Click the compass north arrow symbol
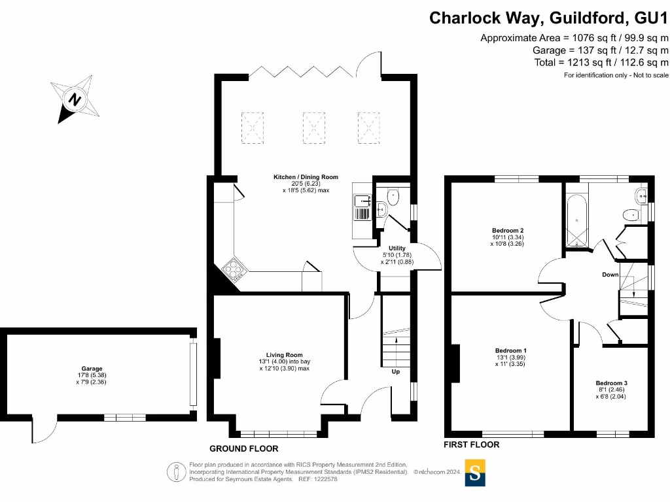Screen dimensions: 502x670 75,100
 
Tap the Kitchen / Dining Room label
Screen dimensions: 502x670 306,177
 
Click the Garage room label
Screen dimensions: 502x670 92,369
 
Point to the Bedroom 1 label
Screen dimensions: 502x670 510,351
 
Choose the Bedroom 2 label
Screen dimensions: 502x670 508,231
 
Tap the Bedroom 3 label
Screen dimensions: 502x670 611,383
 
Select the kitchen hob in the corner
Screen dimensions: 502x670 233,269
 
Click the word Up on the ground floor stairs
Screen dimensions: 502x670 396,371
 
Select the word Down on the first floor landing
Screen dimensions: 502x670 610,275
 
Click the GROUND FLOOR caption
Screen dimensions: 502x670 243,449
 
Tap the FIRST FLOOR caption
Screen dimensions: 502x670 471,444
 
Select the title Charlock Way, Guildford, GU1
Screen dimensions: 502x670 548,18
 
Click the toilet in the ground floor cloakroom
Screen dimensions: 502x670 393,195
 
